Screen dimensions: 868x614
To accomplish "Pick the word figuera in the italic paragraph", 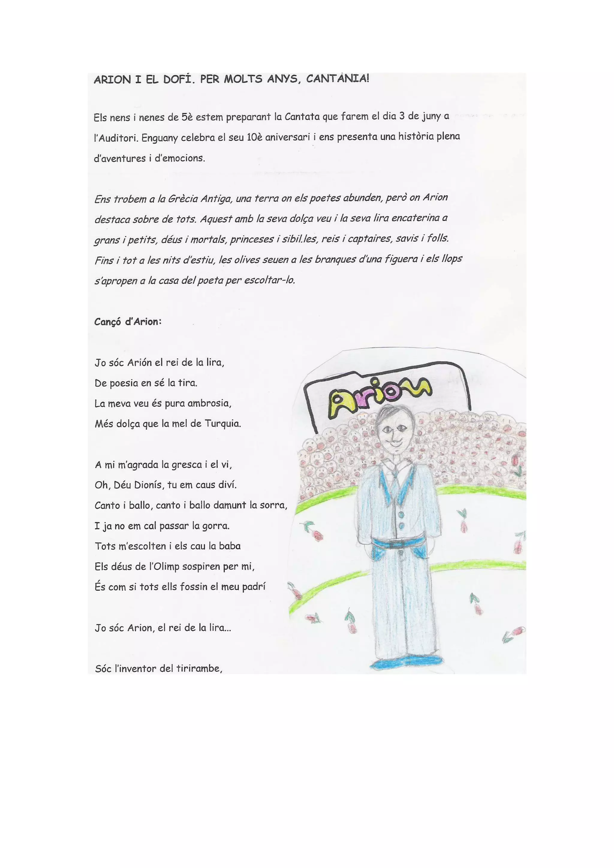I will click(401, 259).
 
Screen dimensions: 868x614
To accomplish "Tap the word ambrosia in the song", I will click(209, 403).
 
